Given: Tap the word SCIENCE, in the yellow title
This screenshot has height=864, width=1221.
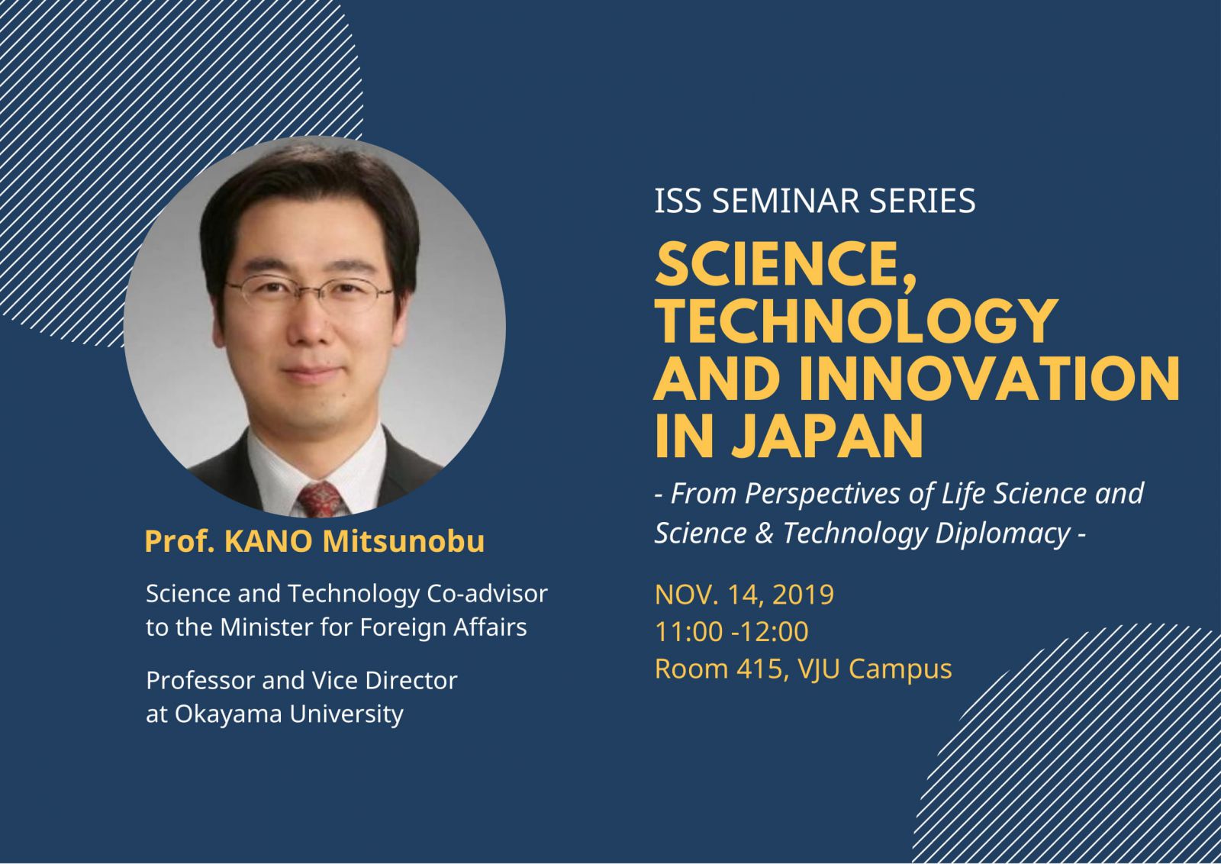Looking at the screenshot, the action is tap(785, 265).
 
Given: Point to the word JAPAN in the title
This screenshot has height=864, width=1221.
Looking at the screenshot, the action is tap(827, 437).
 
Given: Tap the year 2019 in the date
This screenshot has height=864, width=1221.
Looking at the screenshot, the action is tap(803, 595).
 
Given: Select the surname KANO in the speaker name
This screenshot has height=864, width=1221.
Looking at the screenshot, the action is tap(268, 542).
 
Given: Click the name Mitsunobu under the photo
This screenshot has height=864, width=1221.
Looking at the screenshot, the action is tap(404, 542).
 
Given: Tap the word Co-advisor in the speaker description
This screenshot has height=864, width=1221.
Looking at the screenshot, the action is tap(487, 594).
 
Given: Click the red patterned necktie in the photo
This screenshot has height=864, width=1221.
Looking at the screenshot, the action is tap(320, 499).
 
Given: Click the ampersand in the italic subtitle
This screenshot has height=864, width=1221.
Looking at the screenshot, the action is tap(765, 534).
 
